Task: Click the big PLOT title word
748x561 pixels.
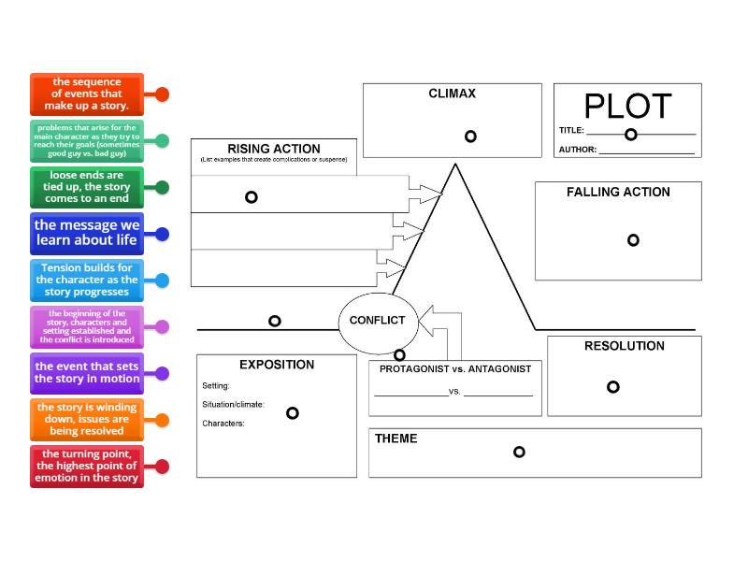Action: (x=627, y=106)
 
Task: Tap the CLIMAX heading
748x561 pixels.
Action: (x=452, y=93)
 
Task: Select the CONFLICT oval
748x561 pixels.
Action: (x=377, y=321)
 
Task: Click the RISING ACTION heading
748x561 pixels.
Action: (x=273, y=149)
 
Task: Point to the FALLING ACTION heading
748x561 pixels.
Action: (x=618, y=192)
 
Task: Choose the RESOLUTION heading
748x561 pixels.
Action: (x=624, y=346)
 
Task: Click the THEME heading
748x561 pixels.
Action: (x=396, y=439)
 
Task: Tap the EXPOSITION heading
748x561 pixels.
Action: (x=277, y=365)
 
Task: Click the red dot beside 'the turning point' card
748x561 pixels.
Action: (x=162, y=467)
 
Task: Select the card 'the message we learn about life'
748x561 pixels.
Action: (x=87, y=233)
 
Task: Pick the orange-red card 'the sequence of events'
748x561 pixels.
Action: (x=87, y=94)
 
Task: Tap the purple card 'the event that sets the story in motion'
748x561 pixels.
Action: (x=87, y=373)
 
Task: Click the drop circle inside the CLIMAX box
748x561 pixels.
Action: (x=470, y=136)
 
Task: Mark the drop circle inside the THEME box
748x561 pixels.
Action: (x=519, y=452)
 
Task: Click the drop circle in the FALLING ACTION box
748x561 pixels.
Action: (x=633, y=240)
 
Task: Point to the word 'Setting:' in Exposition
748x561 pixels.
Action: (x=216, y=385)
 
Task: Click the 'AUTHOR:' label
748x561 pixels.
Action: (x=578, y=150)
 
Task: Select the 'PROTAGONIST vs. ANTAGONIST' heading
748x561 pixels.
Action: (x=454, y=368)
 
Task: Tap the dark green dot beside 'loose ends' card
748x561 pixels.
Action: (x=162, y=187)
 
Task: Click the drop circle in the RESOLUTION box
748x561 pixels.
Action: (x=612, y=387)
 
